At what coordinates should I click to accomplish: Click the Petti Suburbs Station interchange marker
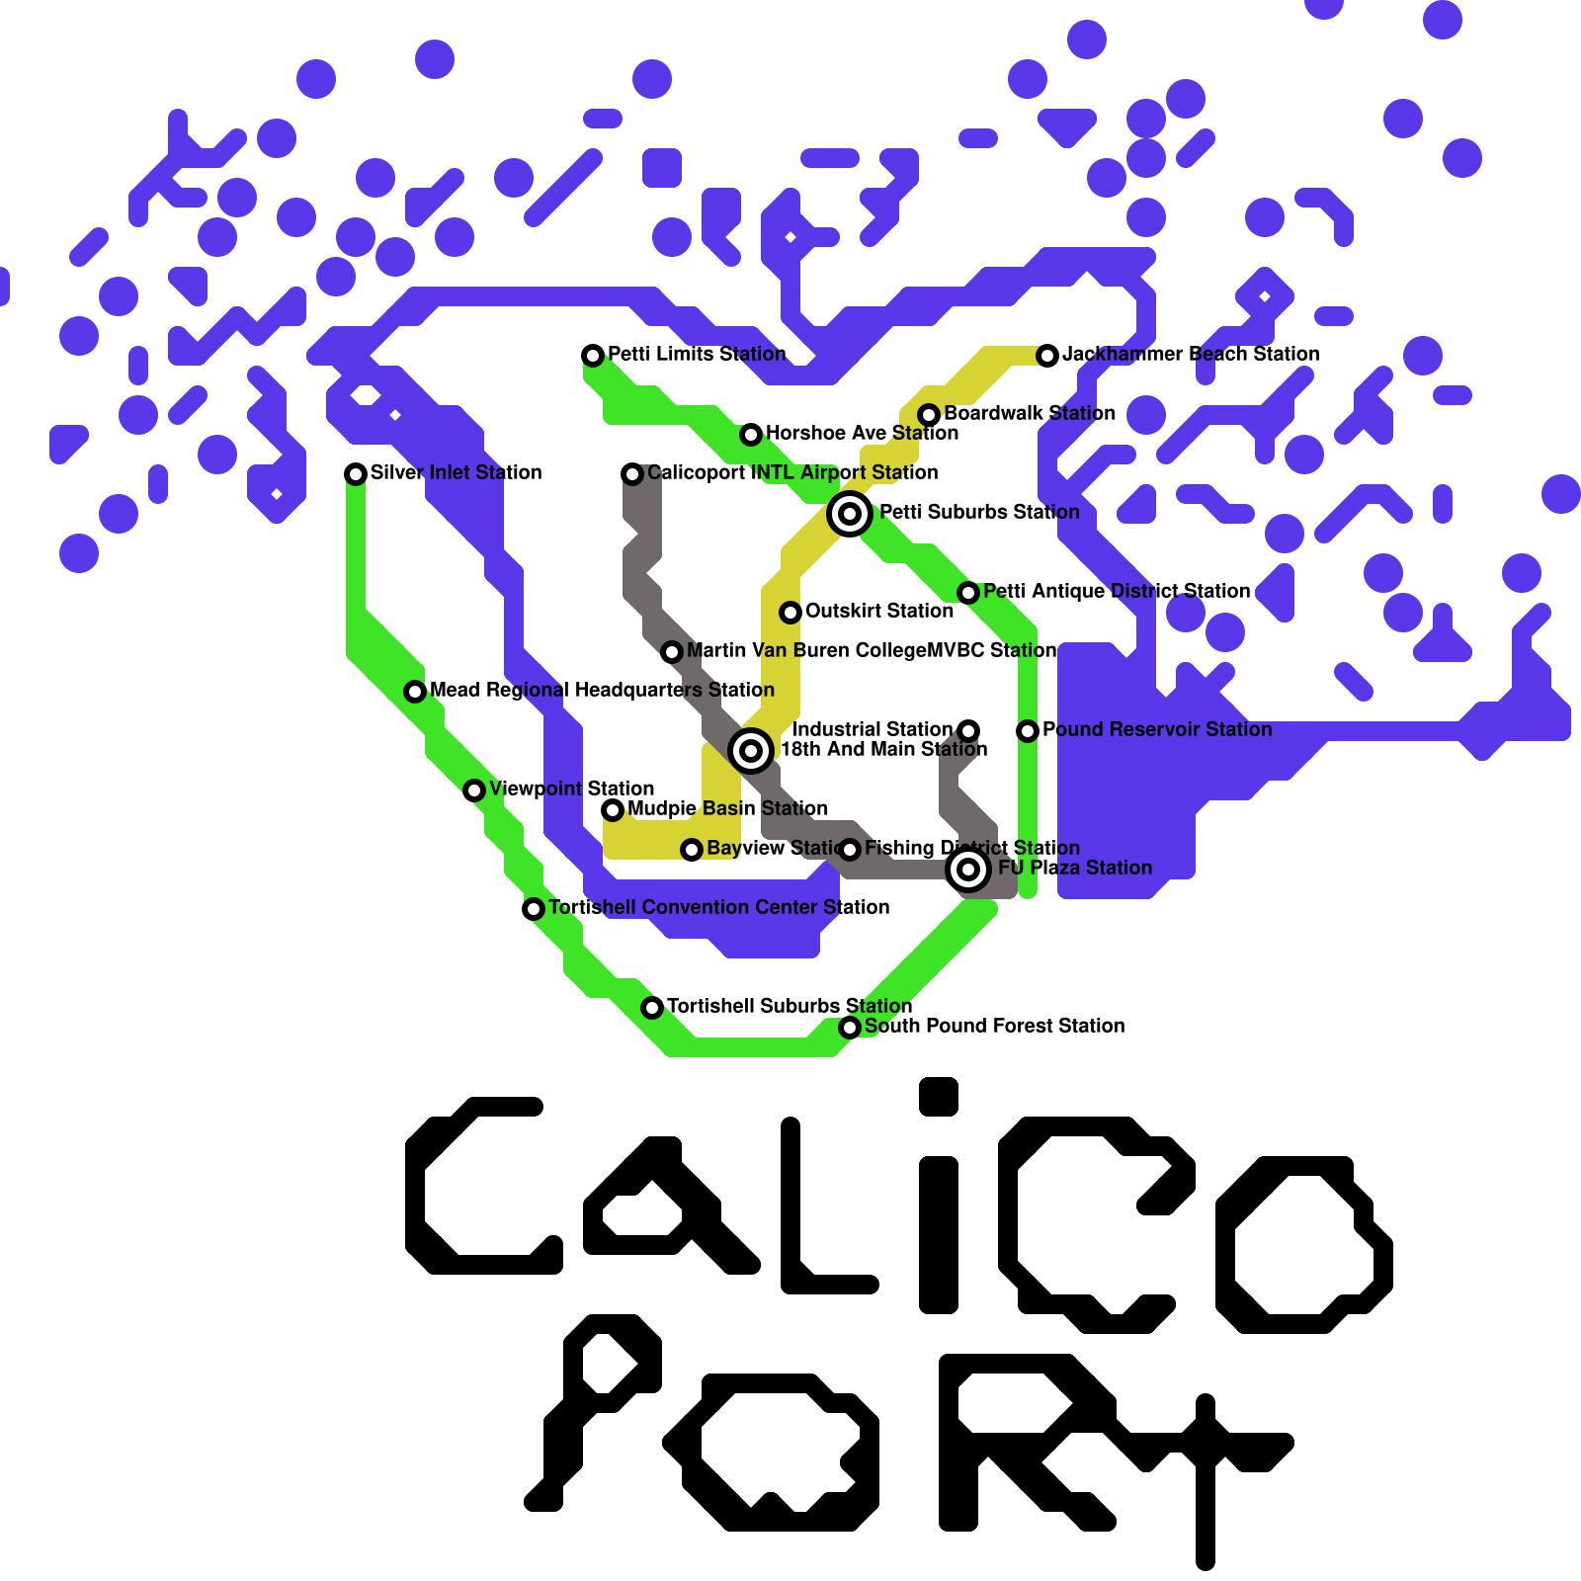tap(850, 513)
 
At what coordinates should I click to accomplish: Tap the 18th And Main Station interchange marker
tap(751, 750)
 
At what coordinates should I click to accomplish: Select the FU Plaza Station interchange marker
tap(968, 869)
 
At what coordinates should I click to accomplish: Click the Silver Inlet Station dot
tap(356, 473)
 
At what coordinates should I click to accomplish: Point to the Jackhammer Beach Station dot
tap(1047, 355)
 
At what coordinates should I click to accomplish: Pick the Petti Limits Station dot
tap(593, 355)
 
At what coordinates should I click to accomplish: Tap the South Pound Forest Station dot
tap(850, 1027)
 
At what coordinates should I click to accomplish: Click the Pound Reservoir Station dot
tap(1028, 730)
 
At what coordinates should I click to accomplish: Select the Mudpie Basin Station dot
tap(613, 809)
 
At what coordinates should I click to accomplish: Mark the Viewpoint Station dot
tap(474, 790)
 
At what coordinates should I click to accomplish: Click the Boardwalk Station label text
tap(1030, 413)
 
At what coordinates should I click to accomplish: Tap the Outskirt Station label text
tap(878, 611)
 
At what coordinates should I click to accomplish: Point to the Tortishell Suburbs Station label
tap(789, 1006)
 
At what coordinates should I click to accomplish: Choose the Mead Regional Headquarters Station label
tap(602, 690)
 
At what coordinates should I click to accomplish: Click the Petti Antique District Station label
tap(1117, 591)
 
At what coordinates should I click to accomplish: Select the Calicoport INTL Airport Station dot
tap(632, 473)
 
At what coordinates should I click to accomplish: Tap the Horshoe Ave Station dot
tap(751, 434)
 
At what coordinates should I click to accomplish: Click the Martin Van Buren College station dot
tap(672, 651)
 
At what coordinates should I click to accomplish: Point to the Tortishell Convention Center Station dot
tap(534, 908)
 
